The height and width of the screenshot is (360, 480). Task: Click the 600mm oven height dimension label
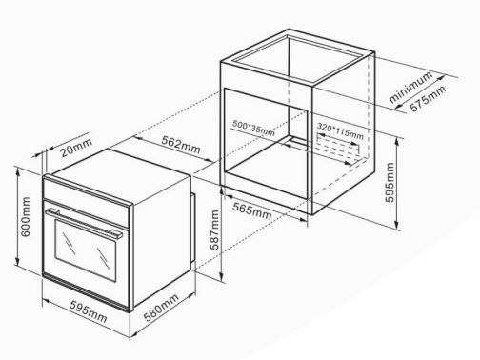26,217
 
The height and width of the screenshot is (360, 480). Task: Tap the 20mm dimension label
76,148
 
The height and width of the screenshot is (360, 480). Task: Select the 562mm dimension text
181,145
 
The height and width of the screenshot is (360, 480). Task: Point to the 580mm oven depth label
161,308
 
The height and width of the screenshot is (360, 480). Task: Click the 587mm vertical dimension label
215,230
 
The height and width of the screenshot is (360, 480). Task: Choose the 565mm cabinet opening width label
252,211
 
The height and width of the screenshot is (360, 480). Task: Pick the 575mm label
429,99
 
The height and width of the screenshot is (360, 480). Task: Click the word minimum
410,87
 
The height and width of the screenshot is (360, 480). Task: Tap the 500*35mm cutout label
253,128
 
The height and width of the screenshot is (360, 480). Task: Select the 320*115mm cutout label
340,131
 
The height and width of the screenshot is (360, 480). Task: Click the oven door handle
84,223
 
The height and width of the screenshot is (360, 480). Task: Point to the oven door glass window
86,250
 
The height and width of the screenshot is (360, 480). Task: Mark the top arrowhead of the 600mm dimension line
18,170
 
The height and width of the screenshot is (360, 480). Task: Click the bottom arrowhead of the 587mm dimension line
221,277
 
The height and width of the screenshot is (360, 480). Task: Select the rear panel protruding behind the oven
193,228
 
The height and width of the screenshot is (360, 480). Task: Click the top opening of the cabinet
298,58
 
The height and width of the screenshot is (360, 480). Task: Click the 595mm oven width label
89,311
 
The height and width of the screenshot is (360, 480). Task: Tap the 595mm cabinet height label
390,182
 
